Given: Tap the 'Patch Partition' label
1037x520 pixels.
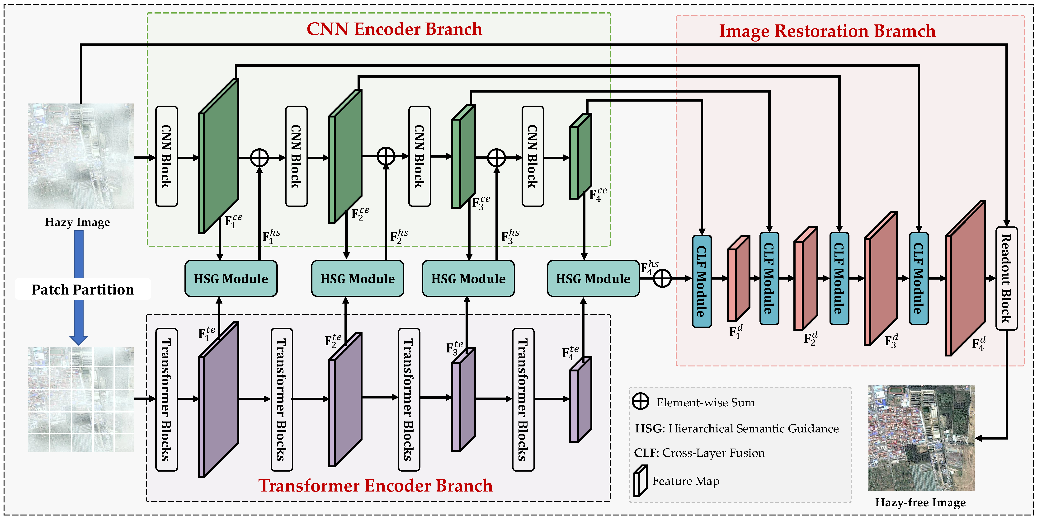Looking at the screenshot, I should [x=83, y=289].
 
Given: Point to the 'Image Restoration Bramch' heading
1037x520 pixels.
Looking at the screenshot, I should [x=827, y=31].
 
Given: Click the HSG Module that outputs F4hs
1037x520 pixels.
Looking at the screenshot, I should [x=593, y=279].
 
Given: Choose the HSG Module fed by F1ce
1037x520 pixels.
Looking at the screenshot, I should [x=231, y=279].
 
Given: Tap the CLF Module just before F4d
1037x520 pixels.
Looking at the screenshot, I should [x=918, y=279].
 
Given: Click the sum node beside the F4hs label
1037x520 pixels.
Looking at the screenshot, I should [x=662, y=279].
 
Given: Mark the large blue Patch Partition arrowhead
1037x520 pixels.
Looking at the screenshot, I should [x=79, y=339].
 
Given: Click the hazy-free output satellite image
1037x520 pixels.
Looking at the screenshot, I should [x=921, y=438].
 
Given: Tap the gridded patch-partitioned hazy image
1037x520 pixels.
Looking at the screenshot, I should [x=81, y=399].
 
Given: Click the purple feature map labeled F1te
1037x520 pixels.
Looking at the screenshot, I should [x=219, y=400].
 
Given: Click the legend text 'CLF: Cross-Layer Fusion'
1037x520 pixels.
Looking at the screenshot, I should [x=699, y=453].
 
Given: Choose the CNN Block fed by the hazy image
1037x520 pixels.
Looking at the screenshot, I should [x=166, y=157].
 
